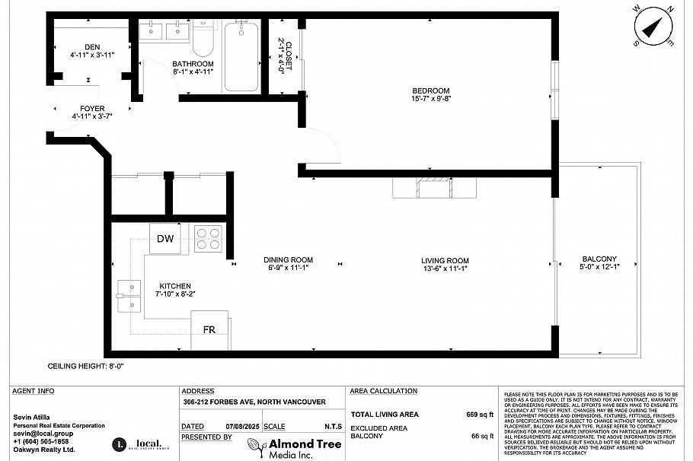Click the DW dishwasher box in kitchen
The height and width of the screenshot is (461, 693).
coord(166,239)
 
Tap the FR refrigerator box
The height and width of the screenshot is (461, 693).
coord(209,330)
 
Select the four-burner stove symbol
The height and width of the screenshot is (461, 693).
coord(208,240)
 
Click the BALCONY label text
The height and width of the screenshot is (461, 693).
coord(599,259)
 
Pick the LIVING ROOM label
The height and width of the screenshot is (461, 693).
coord(445,260)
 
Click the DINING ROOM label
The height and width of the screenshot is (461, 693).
coord(289,260)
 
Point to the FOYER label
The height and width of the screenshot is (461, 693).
coord(92,109)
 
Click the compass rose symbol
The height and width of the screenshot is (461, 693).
coord(654,27)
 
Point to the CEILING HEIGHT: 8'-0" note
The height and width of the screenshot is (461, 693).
coord(85,366)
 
